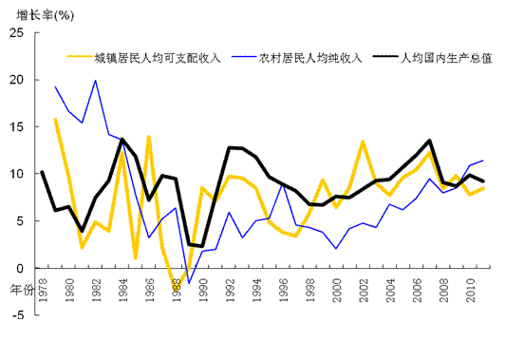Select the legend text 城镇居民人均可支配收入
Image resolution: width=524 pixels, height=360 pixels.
coord(157,58)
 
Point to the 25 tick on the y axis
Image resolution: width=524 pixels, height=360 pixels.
coord(17,33)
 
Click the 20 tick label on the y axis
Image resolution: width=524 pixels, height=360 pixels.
coord(17,80)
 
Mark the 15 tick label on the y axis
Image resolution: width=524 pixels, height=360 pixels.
coord(17,126)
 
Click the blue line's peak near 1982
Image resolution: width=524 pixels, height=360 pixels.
coord(95,80)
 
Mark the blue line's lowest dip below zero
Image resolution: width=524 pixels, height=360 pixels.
coord(189,283)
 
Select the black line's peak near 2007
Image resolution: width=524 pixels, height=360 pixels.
coord(430,141)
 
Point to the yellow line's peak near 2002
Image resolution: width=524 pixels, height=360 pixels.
coord(363,142)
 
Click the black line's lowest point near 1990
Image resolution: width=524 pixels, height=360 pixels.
coord(201,246)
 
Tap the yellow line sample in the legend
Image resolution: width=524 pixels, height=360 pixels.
coord(79,58)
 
